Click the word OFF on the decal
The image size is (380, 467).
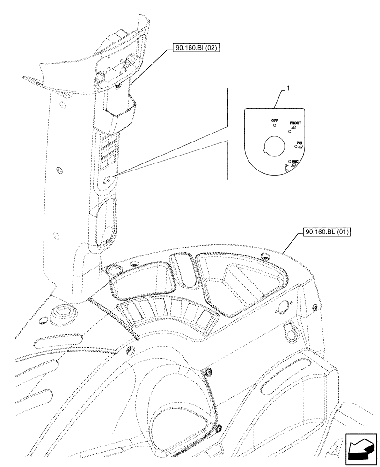pos(275,120)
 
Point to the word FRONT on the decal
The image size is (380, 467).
pos(295,122)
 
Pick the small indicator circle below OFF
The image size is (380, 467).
pos(275,126)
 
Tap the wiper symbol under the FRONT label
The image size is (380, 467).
pos(293,127)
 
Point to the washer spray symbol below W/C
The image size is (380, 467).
pos(287,166)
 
